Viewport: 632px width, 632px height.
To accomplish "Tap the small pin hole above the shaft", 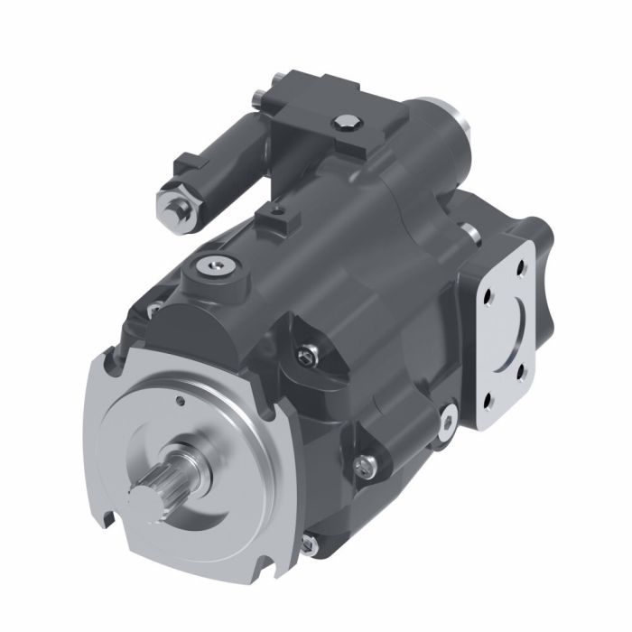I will pos(181,400).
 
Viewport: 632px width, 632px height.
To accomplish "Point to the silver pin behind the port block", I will pos(470,233).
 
